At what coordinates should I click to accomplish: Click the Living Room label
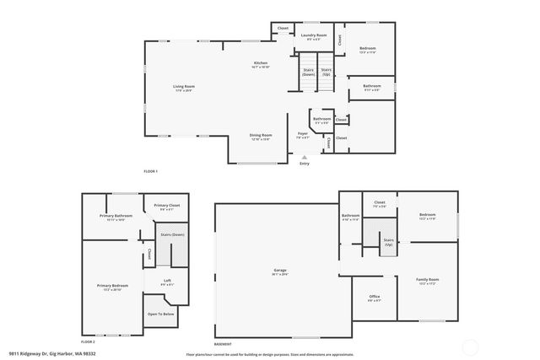(x=184, y=87)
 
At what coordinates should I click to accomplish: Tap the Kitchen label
(x=262, y=64)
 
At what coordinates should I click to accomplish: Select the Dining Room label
(x=260, y=136)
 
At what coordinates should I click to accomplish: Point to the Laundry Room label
(x=313, y=35)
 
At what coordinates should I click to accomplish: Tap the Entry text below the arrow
(x=305, y=163)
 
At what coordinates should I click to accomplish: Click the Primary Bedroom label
(x=111, y=287)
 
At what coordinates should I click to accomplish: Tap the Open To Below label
(x=161, y=314)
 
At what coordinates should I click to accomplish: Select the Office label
(x=374, y=298)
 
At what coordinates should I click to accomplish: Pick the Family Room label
(x=428, y=280)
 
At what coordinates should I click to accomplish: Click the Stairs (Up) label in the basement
(x=388, y=242)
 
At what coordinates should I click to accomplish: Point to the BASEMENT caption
(x=223, y=344)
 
